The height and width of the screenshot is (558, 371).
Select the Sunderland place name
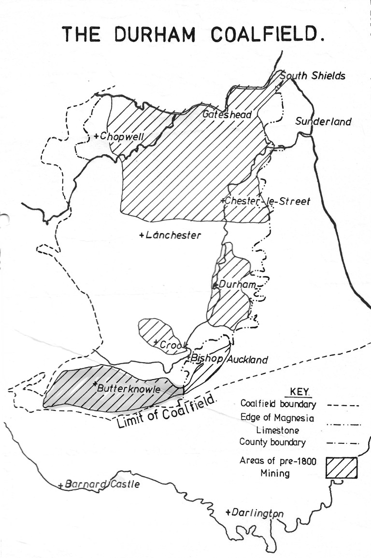pyautogui.click(x=323, y=121)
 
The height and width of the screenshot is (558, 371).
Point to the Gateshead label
pyautogui.click(x=227, y=115)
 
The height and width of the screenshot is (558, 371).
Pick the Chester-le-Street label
pyautogui.click(x=267, y=201)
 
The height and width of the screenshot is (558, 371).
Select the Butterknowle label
pyautogui.click(x=128, y=388)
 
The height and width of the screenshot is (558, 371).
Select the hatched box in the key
pyautogui.click(x=342, y=468)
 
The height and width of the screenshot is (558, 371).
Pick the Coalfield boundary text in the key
pyautogui.click(x=278, y=404)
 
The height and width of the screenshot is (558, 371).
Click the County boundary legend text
pyautogui.click(x=272, y=442)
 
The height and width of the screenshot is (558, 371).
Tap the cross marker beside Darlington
pyautogui.click(x=228, y=513)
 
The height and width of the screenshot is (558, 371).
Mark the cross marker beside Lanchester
pyautogui.click(x=141, y=235)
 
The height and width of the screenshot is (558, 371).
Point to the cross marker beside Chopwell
pyautogui.click(x=97, y=136)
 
